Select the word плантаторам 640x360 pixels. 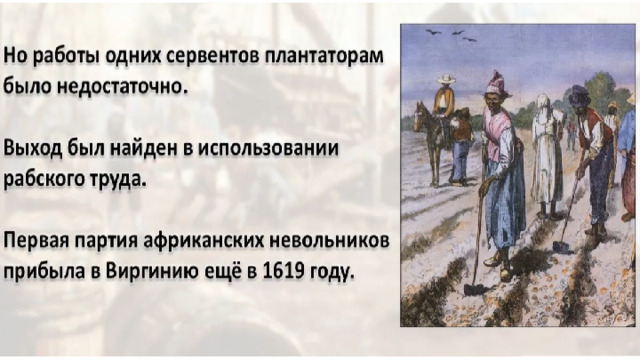pyautogui.click(x=324, y=56)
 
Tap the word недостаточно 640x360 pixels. pyautogui.click(x=122, y=86)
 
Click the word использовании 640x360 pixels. pyautogui.click(x=269, y=148)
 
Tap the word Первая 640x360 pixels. pyautogui.click(x=36, y=241)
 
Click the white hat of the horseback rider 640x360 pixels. pyautogui.click(x=446, y=79)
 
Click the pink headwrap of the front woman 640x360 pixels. pyautogui.click(x=496, y=83)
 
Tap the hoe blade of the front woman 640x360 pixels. pyautogui.click(x=473, y=289)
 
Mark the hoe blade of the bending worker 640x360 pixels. pyautogui.click(x=561, y=247)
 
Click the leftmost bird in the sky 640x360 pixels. pyautogui.click(x=433, y=31)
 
